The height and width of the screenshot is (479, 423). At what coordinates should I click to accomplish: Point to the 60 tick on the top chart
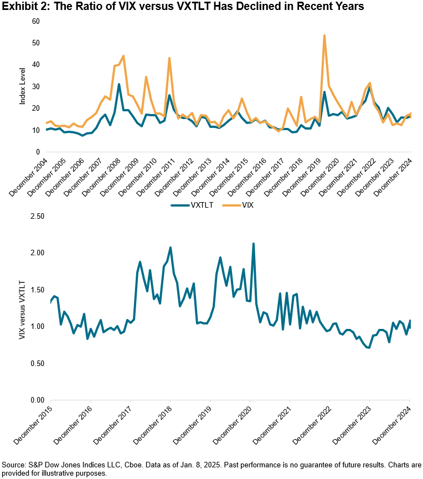point(37,21)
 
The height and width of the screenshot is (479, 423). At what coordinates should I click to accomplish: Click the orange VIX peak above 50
point(324,35)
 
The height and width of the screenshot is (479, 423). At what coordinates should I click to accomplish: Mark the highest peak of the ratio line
point(253,244)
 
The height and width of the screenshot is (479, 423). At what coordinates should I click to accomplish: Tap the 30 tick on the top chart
point(37,86)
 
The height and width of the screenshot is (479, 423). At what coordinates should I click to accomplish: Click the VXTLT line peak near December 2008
point(119,84)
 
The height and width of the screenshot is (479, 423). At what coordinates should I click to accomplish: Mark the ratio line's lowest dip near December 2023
point(368,348)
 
